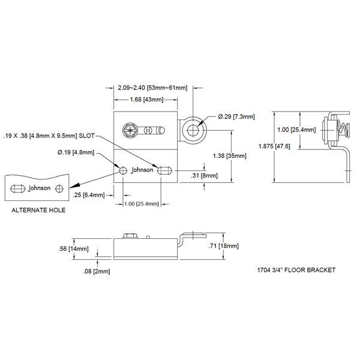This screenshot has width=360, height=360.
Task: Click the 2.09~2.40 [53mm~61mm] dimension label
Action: pos(152,88)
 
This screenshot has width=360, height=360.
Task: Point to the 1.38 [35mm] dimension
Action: pos(230,155)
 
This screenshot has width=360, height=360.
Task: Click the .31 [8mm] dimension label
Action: pos(204,175)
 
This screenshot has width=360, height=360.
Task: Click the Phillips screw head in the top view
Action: pos(129,128)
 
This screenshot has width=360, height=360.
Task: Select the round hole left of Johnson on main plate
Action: pos(123,171)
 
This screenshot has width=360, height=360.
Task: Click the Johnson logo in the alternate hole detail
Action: pos(40,188)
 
